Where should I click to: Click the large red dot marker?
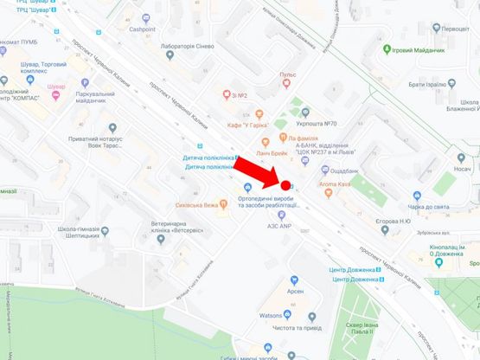click(285, 184)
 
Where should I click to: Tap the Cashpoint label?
click(148, 28)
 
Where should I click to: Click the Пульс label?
click(288, 75)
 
